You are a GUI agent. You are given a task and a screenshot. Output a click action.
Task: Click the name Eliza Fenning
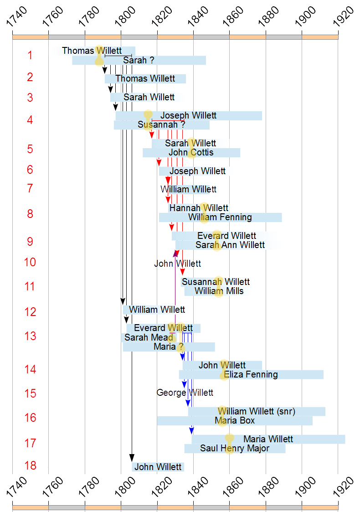tap(251, 374)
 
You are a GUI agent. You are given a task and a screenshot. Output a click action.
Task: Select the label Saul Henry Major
tap(235, 448)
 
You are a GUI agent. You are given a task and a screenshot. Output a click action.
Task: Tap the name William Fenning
tap(220, 217)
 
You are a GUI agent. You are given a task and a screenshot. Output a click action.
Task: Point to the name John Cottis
tap(191, 152)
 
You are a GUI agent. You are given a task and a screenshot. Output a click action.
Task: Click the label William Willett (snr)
tap(257, 411)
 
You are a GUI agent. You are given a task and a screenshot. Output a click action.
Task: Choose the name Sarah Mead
tap(149, 337)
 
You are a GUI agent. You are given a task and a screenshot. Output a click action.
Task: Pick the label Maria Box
tap(235, 420)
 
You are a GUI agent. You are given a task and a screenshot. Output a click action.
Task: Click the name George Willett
tap(185, 393)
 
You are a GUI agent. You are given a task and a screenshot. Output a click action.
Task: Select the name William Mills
tap(219, 291)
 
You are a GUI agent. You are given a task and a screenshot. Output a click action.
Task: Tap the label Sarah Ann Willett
tap(230, 245)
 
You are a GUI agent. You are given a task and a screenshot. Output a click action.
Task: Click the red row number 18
tap(31, 465)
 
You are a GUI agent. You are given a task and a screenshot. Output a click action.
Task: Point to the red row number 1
tap(30, 55)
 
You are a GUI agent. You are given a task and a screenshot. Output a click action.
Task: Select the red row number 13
tap(31, 336)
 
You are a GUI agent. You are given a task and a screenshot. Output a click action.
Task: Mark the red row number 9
tap(30, 242)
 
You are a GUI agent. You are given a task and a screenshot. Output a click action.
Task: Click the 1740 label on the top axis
tap(17, 17)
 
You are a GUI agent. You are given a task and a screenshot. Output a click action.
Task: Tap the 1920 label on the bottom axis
tap(343, 486)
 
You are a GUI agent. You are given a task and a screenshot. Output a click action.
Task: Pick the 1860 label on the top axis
tap(233, 17)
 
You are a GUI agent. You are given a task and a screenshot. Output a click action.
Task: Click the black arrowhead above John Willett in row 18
tap(132, 458)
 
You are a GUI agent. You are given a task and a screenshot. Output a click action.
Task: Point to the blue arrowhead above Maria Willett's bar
tap(191, 431)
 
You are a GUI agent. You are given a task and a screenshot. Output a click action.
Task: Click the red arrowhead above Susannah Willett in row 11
tap(182, 271)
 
